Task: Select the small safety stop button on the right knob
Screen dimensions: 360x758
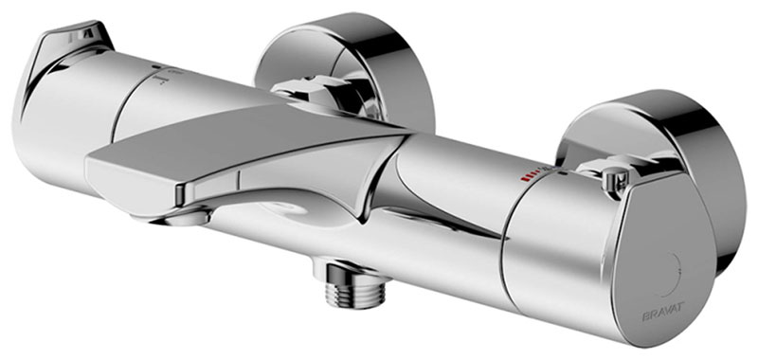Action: pyautogui.click(x=612, y=174)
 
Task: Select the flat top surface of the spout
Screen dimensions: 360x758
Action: pyautogui.click(x=237, y=142)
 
